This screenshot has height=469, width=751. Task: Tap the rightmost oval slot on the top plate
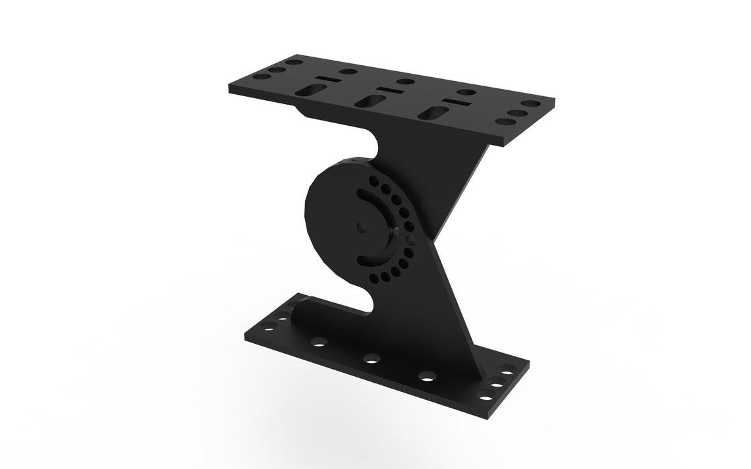point(433,113)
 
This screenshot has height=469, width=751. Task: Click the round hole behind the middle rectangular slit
point(406,82)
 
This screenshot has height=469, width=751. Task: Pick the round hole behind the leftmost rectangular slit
point(348,72)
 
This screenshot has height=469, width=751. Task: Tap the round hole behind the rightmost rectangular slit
point(467,92)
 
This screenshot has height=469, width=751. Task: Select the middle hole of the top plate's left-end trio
point(277,69)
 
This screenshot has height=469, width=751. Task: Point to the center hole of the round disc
point(360,226)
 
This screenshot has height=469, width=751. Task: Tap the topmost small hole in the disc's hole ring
point(374,180)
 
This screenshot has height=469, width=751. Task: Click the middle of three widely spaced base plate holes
point(371,359)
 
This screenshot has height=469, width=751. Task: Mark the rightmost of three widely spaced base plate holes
point(426,377)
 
